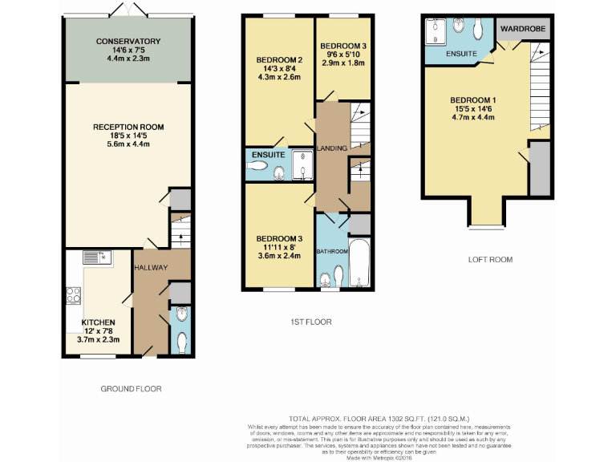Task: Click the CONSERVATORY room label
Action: point(128,41)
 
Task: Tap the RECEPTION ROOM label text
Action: point(128,127)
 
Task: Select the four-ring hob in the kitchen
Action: point(73,294)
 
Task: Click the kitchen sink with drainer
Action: point(89,257)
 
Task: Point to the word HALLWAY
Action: point(151,267)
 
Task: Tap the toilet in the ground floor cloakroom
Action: point(180,342)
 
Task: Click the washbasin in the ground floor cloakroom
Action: point(181,314)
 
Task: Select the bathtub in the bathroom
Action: point(359,262)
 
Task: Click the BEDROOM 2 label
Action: point(279,60)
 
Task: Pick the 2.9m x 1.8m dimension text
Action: point(342,63)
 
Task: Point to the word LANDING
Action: point(332,148)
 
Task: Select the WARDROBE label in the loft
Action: point(522,29)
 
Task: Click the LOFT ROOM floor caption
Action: point(490,260)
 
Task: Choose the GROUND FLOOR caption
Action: point(131,388)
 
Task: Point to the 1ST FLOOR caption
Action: point(311,322)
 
